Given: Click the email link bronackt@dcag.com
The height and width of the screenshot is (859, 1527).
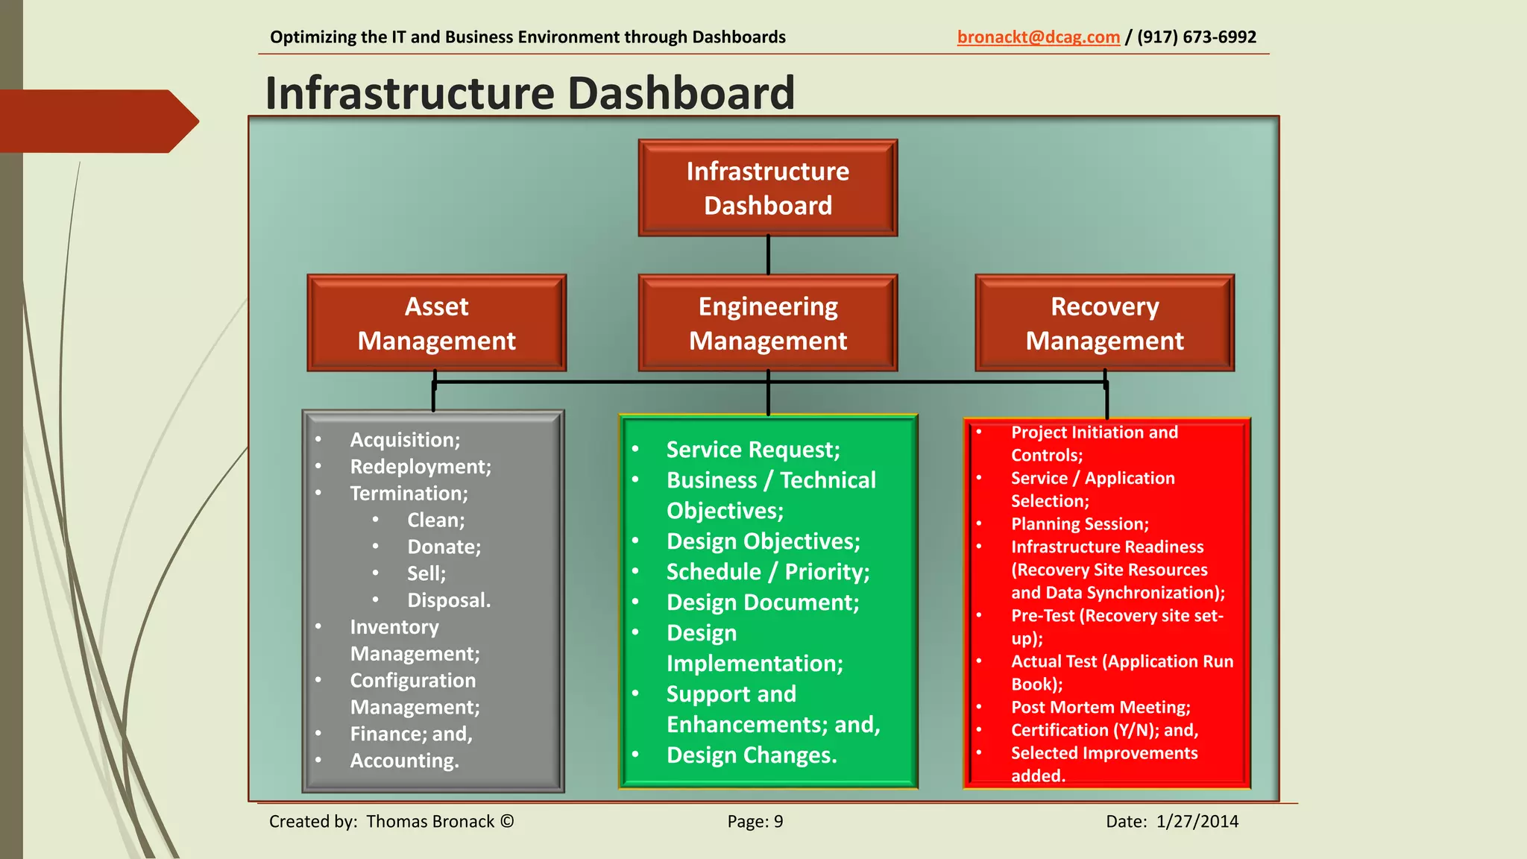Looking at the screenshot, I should coord(1038,37).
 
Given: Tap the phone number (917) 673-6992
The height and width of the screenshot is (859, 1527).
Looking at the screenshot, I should coord(1196,37).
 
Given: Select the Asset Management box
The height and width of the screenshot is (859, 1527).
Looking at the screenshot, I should coord(436,323).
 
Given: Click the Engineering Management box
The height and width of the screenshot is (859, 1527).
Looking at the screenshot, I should coord(767,323).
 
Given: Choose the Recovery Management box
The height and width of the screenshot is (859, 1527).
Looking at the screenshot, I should coord(1104,323).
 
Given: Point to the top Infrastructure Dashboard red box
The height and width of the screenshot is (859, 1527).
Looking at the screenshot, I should coord(767,188).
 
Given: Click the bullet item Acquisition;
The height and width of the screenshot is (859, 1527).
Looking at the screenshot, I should coord(405,440).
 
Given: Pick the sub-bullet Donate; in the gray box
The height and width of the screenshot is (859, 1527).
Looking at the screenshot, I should coord(444,547).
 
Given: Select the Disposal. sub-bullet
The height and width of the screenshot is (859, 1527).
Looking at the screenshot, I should coord(448,600).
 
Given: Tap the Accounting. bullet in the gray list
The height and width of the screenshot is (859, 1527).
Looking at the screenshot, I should coord(404,761).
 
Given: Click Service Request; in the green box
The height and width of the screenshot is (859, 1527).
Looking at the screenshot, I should coord(752,450).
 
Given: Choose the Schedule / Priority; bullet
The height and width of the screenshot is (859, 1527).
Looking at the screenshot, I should coord(767,572).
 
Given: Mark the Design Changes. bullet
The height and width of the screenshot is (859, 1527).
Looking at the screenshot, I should coord(751,755).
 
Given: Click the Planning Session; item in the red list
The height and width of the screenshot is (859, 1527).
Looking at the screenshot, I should coord(1079,524).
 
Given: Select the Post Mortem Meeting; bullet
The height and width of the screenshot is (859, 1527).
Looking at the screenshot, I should coord(1100,707).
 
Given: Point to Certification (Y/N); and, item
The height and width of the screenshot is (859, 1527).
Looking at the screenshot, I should coord(1103,730).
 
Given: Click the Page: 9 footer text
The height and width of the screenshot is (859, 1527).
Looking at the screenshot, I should coord(755,822).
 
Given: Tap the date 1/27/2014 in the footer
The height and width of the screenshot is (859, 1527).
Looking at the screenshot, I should coord(1197,822).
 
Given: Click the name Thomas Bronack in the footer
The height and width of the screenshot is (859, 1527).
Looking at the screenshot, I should coord(429,822).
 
